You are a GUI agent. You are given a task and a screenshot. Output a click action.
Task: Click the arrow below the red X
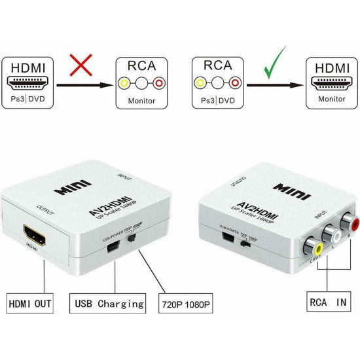click(82, 84)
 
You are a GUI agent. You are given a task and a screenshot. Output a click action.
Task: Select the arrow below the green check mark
click(274, 84)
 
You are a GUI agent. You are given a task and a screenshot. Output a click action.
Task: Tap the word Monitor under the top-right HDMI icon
click(331, 99)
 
